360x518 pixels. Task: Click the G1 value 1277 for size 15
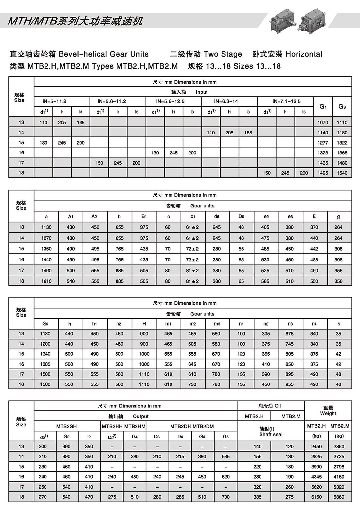tap(323, 143)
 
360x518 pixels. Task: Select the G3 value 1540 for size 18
tap(342, 173)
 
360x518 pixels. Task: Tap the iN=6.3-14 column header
tap(229, 101)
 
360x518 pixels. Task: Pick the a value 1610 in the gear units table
tap(46, 281)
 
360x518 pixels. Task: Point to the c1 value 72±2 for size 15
tap(192, 249)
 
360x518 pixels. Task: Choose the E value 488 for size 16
tap(314, 259)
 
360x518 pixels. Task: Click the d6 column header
tap(217, 216)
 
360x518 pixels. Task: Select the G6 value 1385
tap(45, 364)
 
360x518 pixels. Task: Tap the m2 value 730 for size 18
tap(192, 384)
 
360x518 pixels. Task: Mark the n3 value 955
tap(290, 384)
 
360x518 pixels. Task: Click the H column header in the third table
tap(144, 324)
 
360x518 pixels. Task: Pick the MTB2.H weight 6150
tap(316, 497)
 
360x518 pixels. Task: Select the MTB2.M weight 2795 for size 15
tap(339, 467)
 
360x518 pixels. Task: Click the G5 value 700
tap(226, 497)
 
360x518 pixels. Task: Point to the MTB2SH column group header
tap(66, 426)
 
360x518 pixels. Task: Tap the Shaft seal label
tap(271, 434)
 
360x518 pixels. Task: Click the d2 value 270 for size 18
tap(43, 497)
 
